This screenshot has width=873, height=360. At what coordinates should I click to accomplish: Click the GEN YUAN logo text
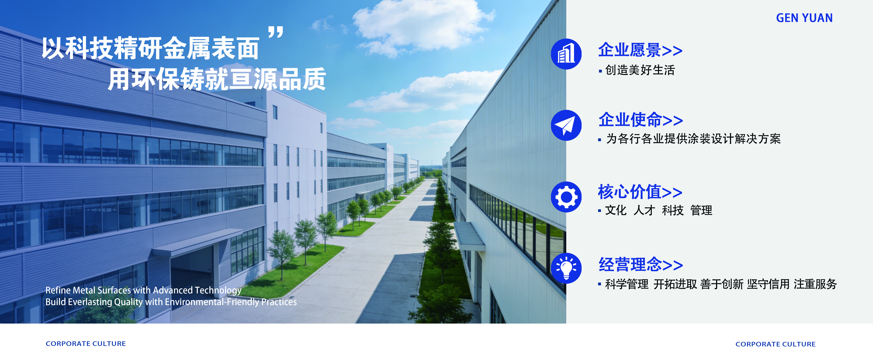[804, 18]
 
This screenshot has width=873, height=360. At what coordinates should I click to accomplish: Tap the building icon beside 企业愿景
[566, 54]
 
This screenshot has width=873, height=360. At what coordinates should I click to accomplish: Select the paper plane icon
[566, 125]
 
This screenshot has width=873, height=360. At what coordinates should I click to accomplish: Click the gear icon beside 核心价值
[566, 197]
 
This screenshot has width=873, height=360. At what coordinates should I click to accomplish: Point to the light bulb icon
[566, 268]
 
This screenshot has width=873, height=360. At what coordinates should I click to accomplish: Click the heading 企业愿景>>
[640, 50]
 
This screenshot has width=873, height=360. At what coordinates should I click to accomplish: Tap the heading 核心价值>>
[640, 192]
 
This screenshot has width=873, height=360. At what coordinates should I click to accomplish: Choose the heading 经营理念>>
[641, 264]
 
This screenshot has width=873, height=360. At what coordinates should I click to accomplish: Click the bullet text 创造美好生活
[640, 70]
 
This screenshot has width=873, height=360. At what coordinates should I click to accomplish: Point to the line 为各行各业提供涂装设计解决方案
[693, 139]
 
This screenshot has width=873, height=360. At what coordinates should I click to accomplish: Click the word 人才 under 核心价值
[644, 211]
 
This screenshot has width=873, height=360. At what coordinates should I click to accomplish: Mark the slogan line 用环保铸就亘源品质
[217, 79]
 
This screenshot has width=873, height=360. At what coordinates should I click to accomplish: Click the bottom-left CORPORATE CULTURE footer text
[86, 344]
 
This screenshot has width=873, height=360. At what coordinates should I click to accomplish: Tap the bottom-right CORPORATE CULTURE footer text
[775, 344]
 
